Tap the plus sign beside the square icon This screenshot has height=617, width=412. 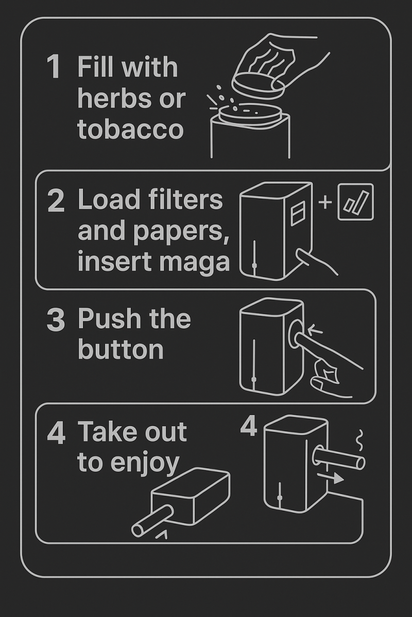pyautogui.click(x=325, y=202)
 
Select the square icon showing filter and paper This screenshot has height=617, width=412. pyautogui.click(x=356, y=202)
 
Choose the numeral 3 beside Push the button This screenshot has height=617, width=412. pyautogui.click(x=56, y=319)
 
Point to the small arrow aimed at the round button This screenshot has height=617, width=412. pyautogui.click(x=315, y=329)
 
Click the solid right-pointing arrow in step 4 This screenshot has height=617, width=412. pyautogui.click(x=330, y=478)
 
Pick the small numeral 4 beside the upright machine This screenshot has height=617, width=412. pyautogui.click(x=249, y=426)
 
